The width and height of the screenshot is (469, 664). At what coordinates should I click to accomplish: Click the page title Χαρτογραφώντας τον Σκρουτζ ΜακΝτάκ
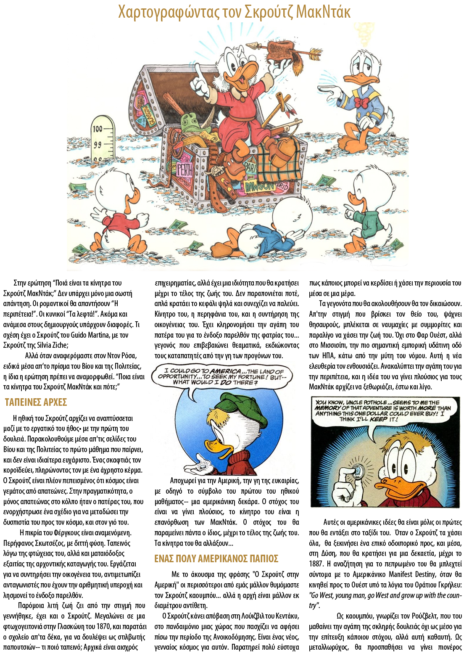[234, 12]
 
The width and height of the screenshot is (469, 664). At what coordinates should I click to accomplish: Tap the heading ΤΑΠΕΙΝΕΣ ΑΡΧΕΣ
[36, 402]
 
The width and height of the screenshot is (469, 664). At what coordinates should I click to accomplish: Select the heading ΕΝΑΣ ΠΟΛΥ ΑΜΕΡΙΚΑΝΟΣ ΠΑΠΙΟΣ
[216, 559]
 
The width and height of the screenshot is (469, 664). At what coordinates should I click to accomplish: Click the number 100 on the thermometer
[98, 129]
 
